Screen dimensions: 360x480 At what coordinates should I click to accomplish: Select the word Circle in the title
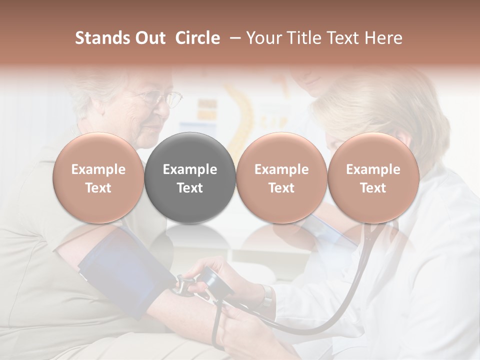coord(197,38)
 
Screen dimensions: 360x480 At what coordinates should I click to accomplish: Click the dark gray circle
coord(190,177)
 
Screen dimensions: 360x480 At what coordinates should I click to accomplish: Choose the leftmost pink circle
coord(98,177)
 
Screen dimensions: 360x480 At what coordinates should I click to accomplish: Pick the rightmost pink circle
coord(373,177)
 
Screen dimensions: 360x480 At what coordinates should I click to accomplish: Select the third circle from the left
coord(281,177)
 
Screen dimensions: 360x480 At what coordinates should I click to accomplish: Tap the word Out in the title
coord(149,38)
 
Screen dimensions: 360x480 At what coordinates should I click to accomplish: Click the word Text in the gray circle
coord(190,188)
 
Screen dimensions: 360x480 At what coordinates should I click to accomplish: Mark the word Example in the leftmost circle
coord(98,169)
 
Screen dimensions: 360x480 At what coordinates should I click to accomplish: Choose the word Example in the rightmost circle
coord(373,169)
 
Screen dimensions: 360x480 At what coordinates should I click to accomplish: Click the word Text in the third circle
coord(281,188)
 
